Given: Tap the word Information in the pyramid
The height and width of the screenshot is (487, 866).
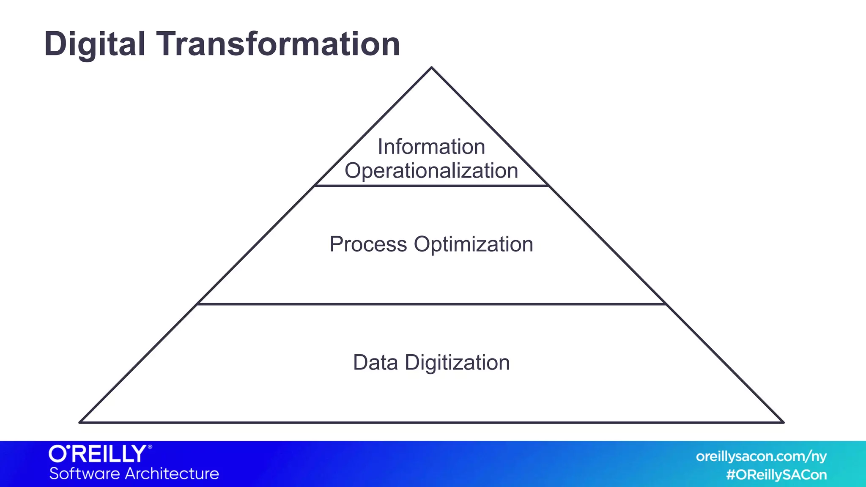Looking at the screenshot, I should (431, 147).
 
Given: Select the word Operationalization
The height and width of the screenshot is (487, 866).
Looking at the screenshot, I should (431, 171).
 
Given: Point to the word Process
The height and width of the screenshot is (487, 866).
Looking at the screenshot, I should (368, 244).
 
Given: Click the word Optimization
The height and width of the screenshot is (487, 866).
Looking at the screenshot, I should (474, 244).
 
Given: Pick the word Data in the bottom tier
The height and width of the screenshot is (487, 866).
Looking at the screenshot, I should (375, 363).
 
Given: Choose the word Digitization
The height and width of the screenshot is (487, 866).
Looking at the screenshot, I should (457, 363).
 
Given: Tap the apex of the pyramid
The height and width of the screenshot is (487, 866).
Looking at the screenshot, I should (431, 68).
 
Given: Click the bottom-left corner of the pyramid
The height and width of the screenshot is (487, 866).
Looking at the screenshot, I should (80, 422).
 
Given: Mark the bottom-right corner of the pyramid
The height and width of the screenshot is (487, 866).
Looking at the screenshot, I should (783, 422).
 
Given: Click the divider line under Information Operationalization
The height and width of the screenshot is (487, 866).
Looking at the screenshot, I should (431, 186).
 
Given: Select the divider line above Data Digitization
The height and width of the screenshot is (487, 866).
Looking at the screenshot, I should (431, 304).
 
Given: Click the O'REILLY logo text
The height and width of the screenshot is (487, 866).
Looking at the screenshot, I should (98, 454).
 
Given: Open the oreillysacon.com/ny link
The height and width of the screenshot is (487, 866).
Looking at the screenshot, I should (761, 457).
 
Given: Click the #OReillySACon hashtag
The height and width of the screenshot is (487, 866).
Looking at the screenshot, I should (776, 475).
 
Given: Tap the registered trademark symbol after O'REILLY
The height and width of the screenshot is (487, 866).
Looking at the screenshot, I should (150, 446).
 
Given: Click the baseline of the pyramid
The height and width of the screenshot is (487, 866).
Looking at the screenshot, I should (431, 422).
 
